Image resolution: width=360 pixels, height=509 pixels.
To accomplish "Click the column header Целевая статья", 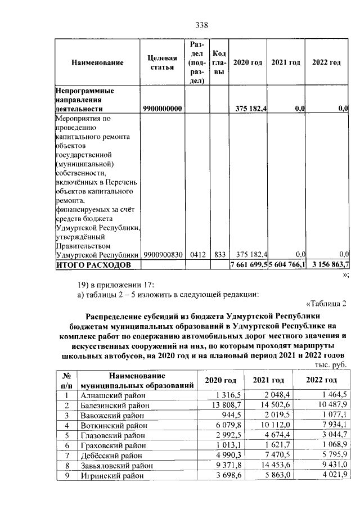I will (162, 62).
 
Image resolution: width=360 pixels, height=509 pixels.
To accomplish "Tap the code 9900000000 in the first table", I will (163, 109).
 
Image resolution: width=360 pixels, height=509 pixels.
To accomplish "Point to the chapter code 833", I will (218, 254).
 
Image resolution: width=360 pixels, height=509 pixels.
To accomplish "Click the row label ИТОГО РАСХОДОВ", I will (92, 264).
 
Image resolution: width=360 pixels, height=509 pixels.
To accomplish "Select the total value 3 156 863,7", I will (328, 264).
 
